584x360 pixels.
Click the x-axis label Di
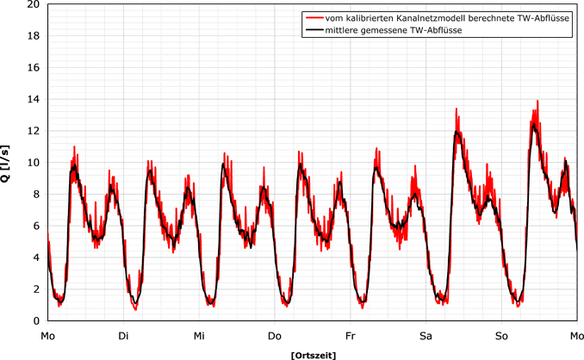[x=124, y=334]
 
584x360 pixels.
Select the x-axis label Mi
[x=199, y=334]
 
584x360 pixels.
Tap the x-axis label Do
[x=275, y=334]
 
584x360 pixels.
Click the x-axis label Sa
[x=426, y=334]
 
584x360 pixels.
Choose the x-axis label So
[x=501, y=334]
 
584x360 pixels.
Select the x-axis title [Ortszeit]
[x=313, y=354]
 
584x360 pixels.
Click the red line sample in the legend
[x=314, y=18]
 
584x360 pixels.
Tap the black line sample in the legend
[x=314, y=31]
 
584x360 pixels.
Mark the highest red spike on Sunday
[x=537, y=101]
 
